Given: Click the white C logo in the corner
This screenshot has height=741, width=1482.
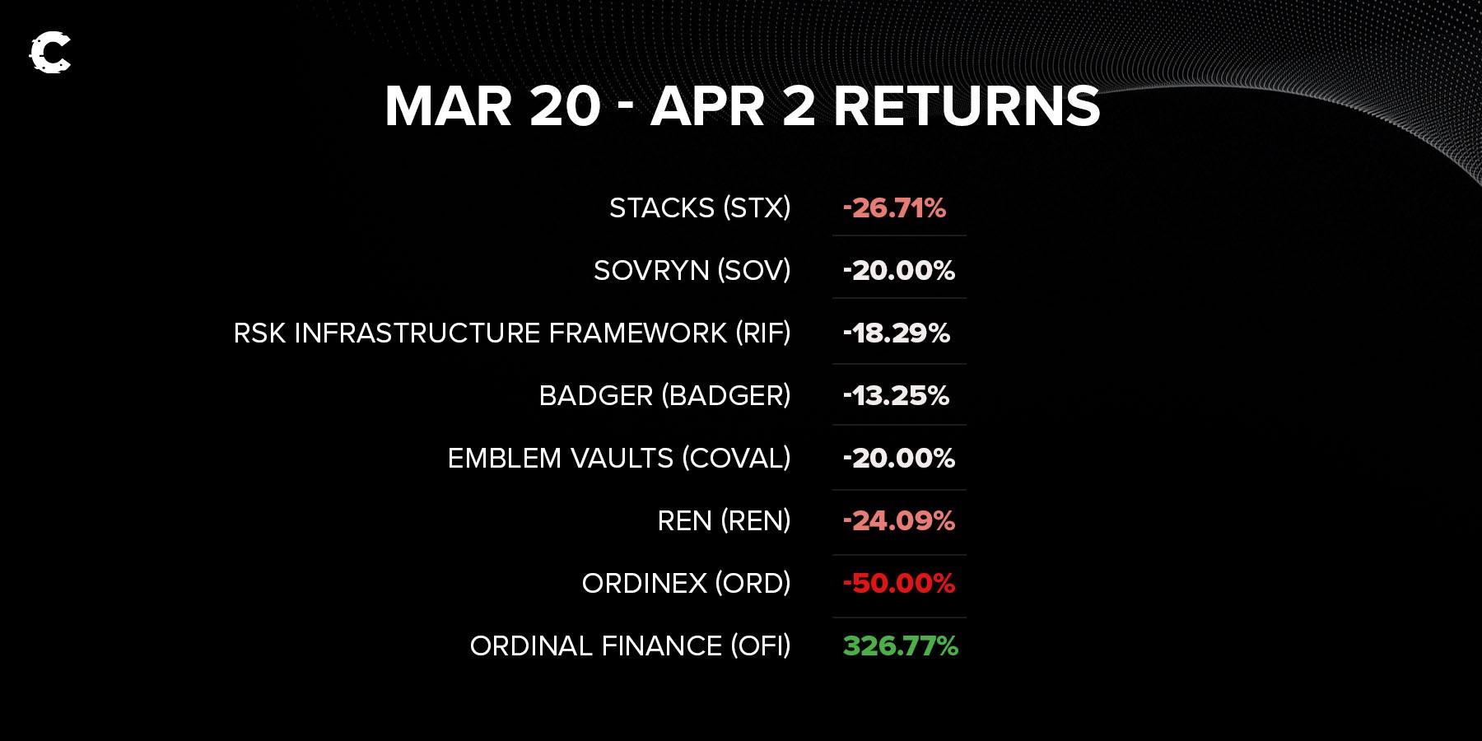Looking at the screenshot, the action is coord(50,53).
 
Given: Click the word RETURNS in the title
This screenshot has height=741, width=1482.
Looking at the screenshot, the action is coord(967,106).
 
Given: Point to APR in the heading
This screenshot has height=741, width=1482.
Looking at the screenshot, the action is coord(707,106).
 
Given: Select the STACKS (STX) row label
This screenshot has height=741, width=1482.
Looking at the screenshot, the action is coord(700,208).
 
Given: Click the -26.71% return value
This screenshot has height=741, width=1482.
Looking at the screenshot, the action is coord(894,208).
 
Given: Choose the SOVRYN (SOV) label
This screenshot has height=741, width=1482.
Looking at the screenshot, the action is coord(692,271).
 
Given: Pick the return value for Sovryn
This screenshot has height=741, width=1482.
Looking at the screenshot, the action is coord(898,271).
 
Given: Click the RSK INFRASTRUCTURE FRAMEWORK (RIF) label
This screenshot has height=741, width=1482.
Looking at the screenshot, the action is coord(512,333).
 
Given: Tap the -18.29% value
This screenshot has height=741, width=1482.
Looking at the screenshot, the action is coord(896,333).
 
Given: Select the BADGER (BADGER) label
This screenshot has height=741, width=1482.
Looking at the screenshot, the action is coord(664,396).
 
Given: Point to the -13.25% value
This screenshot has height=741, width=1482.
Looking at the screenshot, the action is coord(896,396).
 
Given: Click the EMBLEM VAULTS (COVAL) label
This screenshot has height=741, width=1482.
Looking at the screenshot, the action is coord(619,459).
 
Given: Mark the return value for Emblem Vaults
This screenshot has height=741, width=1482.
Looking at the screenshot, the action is coord(898,459).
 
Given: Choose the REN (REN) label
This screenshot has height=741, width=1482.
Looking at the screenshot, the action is coord(724,521).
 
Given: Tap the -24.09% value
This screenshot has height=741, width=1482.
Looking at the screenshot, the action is coord(898,521).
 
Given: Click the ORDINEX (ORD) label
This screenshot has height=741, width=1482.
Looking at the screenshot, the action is coord(686,584).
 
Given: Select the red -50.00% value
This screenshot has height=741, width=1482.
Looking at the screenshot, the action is coord(898,584).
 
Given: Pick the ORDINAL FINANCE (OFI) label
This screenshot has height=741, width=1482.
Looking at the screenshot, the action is coord(630,646).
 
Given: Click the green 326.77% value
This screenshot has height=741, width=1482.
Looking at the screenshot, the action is coord(901,646).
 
